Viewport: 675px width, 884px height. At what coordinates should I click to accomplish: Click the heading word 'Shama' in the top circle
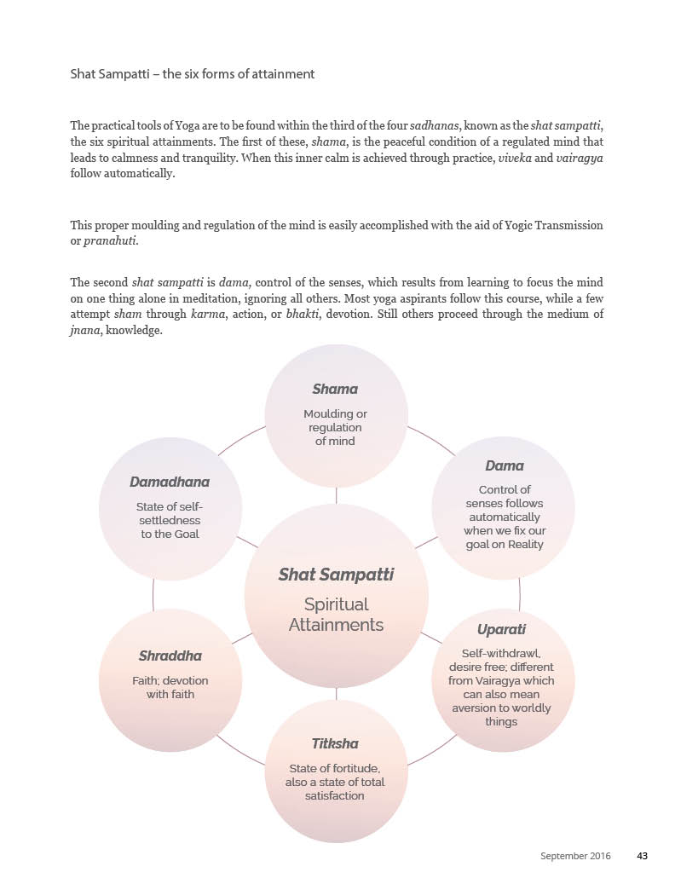(335, 389)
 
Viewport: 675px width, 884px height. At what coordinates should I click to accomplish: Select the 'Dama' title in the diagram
(505, 465)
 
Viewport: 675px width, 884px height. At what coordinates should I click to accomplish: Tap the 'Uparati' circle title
(501, 629)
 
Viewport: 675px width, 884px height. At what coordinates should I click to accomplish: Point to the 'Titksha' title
(335, 743)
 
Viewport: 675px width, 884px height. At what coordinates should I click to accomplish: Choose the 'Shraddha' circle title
(170, 656)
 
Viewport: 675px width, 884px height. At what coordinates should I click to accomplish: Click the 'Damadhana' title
(170, 482)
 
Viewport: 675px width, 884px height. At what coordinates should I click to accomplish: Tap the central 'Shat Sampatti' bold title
(336, 575)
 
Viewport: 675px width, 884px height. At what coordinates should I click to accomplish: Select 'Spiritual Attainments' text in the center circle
(336, 615)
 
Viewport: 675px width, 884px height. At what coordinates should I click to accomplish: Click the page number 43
(643, 855)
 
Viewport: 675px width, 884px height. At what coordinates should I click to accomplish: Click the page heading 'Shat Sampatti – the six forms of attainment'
(193, 74)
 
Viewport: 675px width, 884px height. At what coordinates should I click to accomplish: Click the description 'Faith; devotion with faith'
(170, 687)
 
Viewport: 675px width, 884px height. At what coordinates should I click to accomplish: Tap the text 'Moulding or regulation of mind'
(335, 427)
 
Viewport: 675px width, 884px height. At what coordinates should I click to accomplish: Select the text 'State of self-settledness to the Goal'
(170, 520)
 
